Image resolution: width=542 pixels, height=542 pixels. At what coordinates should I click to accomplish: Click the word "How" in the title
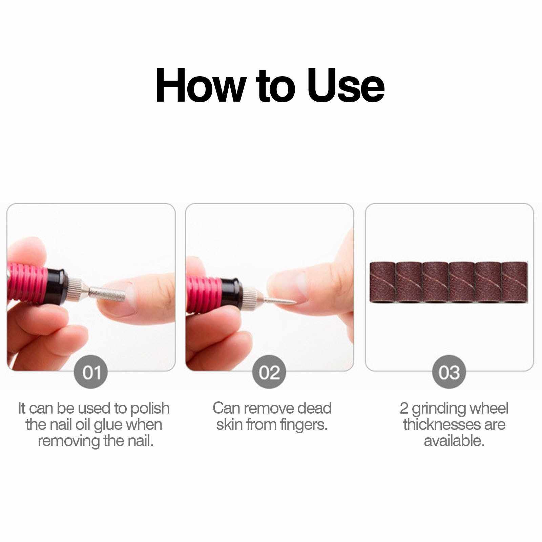(200, 86)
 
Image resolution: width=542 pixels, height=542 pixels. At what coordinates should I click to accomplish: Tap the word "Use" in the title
(346, 86)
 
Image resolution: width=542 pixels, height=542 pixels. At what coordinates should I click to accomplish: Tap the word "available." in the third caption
(454, 441)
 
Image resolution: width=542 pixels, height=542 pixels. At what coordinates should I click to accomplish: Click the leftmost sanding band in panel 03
(382, 281)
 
